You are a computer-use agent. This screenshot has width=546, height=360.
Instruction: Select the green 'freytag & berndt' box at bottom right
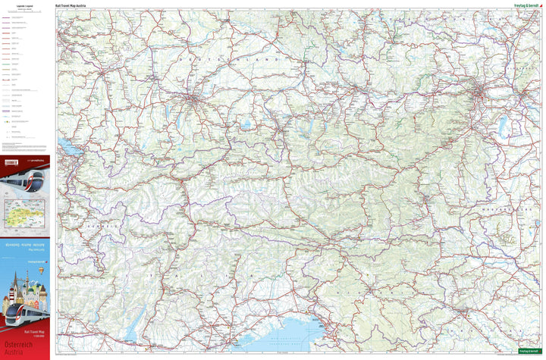tap(530, 351)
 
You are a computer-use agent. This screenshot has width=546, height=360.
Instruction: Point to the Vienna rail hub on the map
tap(480, 95)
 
